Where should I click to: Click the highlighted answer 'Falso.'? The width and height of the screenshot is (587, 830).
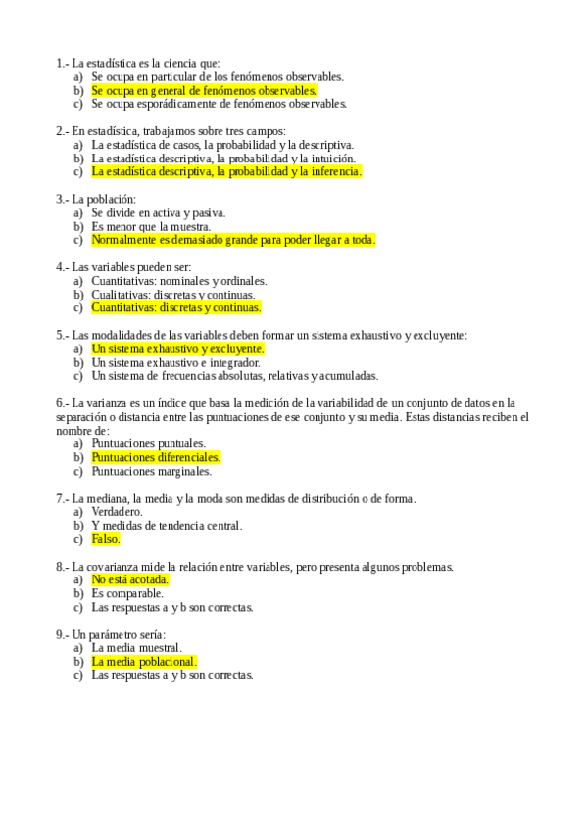[106, 539]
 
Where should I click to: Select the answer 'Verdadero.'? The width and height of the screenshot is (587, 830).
[117, 512]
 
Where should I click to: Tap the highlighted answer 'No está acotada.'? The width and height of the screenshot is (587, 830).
[130, 579]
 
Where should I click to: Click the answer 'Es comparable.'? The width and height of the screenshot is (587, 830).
[127, 593]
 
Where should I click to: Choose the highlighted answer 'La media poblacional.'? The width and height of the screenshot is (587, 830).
[144, 662]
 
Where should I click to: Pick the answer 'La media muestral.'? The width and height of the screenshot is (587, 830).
[136, 648]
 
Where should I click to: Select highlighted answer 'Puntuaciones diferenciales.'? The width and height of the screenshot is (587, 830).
[156, 457]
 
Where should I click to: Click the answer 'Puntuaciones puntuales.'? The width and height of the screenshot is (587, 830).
[148, 443]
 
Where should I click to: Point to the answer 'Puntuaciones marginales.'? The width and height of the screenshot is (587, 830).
[151, 471]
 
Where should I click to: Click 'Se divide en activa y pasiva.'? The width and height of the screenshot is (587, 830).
[159, 212]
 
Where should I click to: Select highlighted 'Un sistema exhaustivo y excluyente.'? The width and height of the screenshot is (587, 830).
[177, 348]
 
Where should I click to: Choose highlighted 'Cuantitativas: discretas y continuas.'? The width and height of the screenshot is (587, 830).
[176, 307]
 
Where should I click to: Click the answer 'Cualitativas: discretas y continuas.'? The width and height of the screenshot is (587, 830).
[173, 294]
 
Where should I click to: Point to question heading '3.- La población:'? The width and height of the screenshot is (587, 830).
[96, 199]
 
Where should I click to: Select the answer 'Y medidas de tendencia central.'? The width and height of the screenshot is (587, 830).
[167, 526]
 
